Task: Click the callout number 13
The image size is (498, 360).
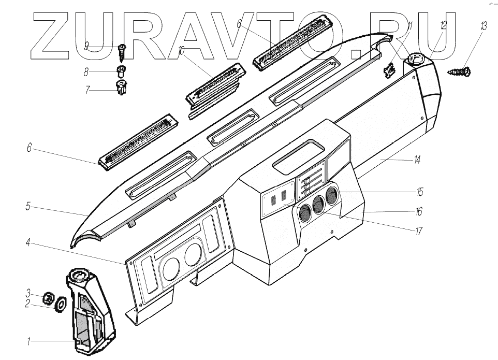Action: click(484, 26)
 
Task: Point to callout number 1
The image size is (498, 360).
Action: click(29, 341)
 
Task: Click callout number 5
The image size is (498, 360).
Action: click(27, 207)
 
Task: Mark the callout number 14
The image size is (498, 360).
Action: click(417, 160)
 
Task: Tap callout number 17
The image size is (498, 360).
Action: click(419, 231)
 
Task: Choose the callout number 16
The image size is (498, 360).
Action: click(419, 211)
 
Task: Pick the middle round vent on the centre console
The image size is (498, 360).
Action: click(318, 204)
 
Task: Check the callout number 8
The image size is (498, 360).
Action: click(86, 72)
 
